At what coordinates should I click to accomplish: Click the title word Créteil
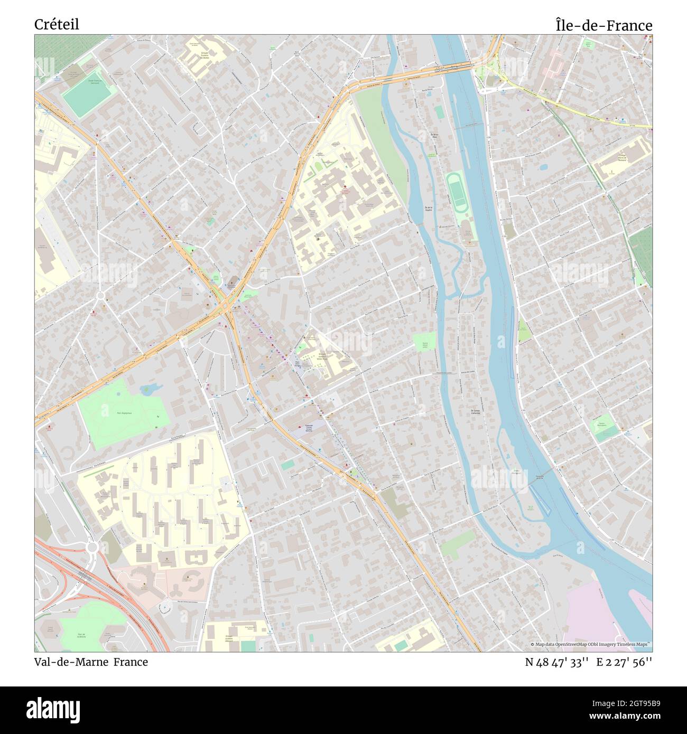(57, 24)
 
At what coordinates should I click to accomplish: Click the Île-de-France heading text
(604, 25)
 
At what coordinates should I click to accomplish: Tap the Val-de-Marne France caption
(91, 662)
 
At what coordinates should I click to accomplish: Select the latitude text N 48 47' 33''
(557, 662)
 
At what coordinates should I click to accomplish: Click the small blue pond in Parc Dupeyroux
(150, 389)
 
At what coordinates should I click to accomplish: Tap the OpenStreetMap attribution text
(591, 644)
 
